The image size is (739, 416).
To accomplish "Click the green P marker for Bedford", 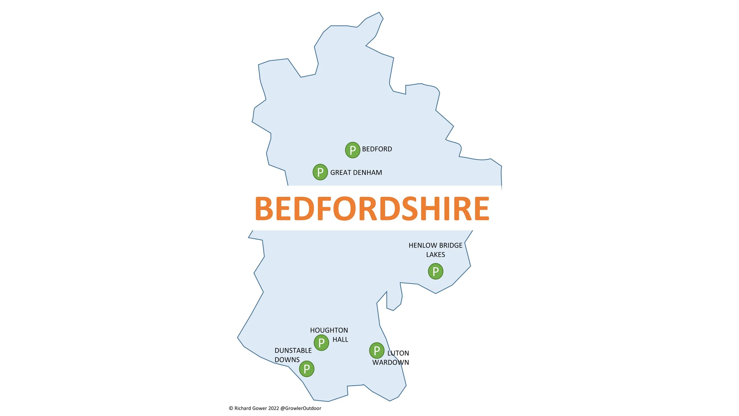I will [x=352, y=150].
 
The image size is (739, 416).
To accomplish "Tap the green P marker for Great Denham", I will [x=320, y=172].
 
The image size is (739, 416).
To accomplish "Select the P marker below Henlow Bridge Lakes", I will [x=435, y=271].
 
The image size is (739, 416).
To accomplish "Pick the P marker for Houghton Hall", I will [x=321, y=343].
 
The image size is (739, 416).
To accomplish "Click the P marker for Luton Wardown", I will [x=377, y=350].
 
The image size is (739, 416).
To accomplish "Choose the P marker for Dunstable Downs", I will [x=307, y=369].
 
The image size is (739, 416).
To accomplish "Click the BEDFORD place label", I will [x=377, y=149].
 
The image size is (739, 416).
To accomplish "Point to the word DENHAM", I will [x=367, y=172].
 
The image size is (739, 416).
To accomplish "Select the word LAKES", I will [x=435, y=254].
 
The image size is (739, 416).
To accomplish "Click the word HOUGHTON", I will [x=329, y=330].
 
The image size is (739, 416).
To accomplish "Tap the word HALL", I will [x=340, y=339].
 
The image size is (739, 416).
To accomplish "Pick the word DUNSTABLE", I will [x=293, y=350].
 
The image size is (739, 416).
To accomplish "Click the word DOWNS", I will [x=287, y=359].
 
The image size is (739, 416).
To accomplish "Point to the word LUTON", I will [x=398, y=353].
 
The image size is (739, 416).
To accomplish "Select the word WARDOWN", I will [x=390, y=362].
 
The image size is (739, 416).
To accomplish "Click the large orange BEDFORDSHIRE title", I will [x=372, y=209].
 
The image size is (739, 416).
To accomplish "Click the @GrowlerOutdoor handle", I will [x=301, y=408].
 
